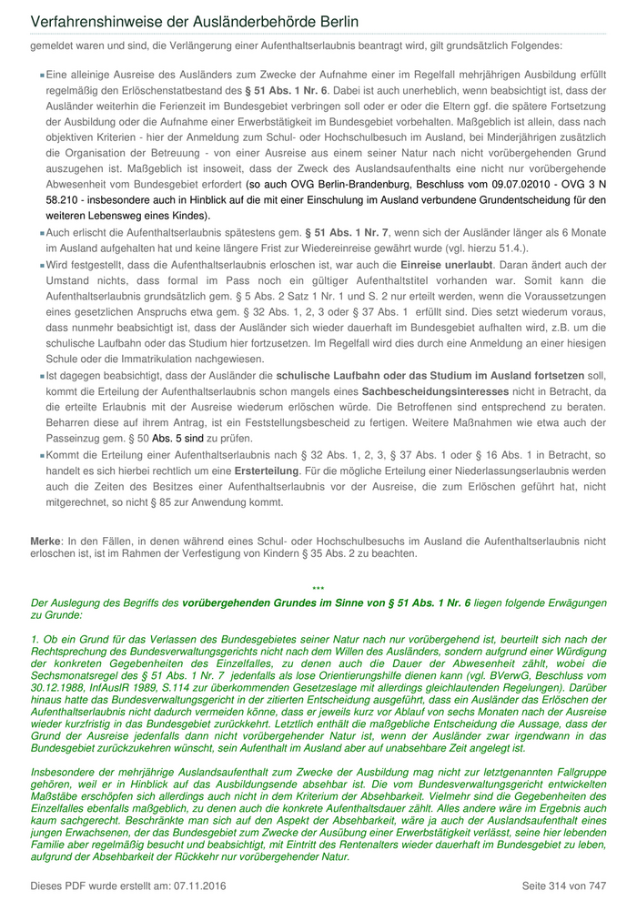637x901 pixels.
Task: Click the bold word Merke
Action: pyautogui.click(x=45, y=541)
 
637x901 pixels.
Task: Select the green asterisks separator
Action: pyautogui.click(x=318, y=590)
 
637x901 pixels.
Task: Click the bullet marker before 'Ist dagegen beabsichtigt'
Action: pyautogui.click(x=42, y=375)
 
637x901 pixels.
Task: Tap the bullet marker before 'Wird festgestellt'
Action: pyautogui.click(x=42, y=264)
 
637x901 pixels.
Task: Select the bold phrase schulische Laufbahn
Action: pyautogui.click(x=330, y=374)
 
